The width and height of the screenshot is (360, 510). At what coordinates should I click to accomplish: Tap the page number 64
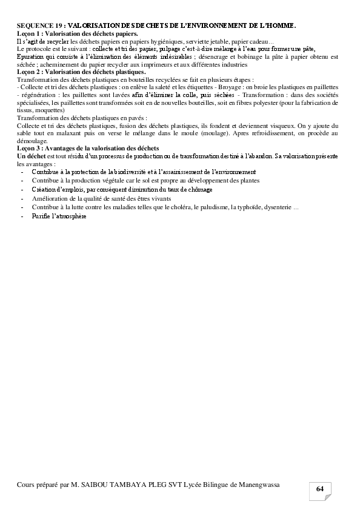(319, 489)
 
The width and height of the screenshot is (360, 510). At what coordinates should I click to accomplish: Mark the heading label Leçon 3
(31, 148)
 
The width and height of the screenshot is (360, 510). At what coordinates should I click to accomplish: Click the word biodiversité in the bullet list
(125, 172)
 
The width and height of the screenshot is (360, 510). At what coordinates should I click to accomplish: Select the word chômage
(199, 189)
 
